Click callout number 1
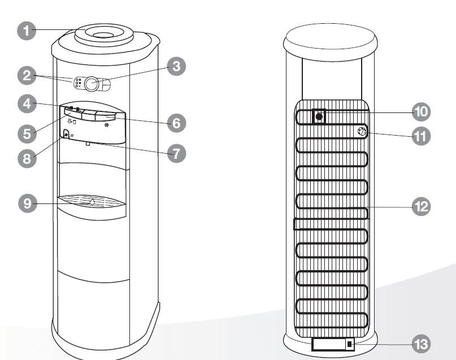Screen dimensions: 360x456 pos(25,30)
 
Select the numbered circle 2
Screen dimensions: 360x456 pos(25,75)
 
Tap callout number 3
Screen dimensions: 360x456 pos(176,67)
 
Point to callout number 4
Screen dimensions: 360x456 pos(25,105)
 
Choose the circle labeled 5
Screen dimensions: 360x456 pos(25,133)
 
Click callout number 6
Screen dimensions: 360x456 pos(176,123)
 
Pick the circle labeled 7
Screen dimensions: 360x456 pos(176,153)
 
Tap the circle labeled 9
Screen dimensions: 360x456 pos(25,203)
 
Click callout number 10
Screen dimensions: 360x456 pos(420,112)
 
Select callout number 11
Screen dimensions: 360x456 pos(420,136)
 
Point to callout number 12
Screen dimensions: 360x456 pos(420,207)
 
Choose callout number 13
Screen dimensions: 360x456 pos(420,343)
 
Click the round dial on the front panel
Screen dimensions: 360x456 pos(93,84)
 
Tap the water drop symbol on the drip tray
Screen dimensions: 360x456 pos(92,201)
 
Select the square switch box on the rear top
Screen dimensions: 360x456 pos(319,116)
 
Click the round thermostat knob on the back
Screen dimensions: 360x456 pos(362,133)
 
